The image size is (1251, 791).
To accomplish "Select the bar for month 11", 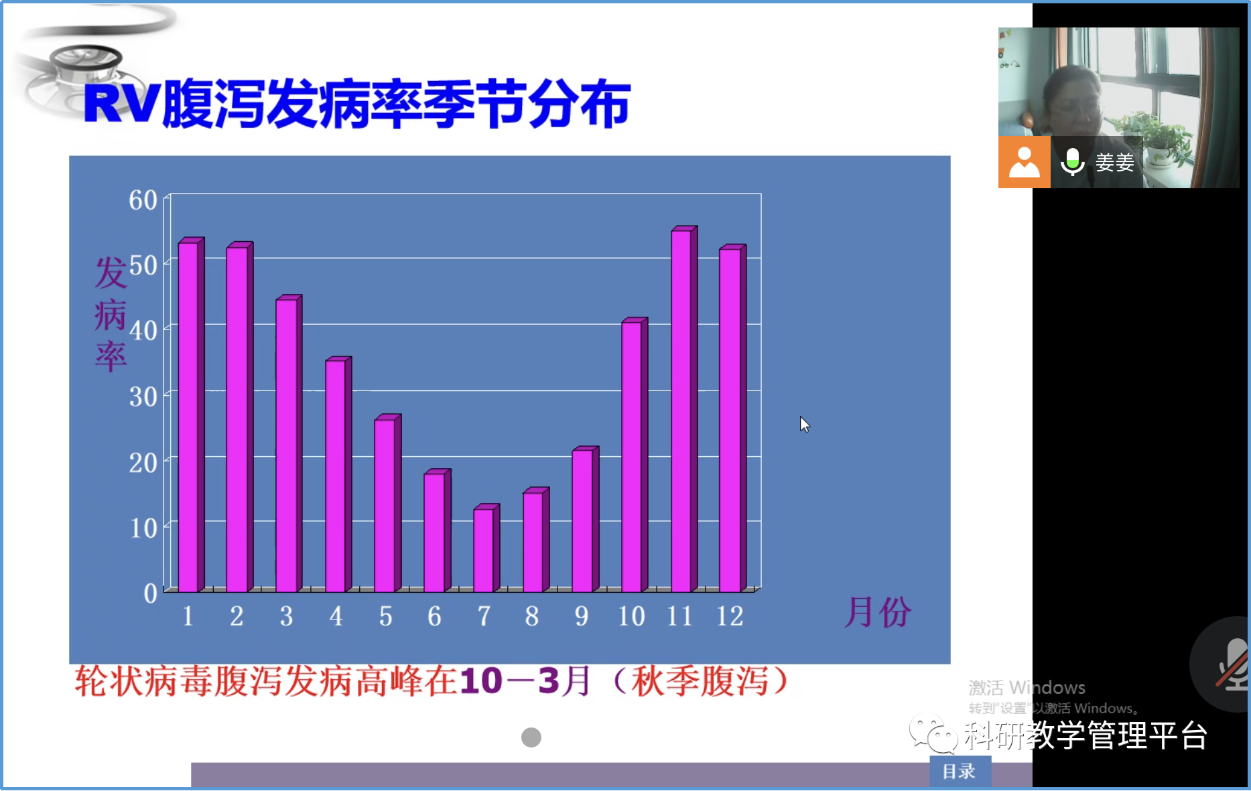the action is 684,409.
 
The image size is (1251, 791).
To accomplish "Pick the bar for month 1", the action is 191,415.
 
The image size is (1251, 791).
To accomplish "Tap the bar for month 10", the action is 635,455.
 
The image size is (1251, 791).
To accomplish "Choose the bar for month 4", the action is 338,474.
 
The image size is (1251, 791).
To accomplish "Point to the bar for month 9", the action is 586,519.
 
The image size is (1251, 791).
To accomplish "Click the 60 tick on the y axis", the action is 143,200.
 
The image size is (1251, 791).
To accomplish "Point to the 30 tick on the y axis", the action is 143,397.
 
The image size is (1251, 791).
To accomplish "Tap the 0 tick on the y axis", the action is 151,593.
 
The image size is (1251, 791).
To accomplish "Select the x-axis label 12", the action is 730,616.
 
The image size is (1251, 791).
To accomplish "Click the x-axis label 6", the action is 434,616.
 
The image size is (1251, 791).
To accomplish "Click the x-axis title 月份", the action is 878,612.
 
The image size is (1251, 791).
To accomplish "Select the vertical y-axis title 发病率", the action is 111,314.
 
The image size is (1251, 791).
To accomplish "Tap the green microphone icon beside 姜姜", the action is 1072,161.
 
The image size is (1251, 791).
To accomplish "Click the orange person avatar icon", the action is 1024,162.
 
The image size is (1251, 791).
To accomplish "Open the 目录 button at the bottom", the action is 960,772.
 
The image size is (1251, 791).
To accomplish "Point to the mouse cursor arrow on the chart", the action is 804,424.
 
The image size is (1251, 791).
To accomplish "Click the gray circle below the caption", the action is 531,737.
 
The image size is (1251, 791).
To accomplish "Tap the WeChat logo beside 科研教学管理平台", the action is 933,734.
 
